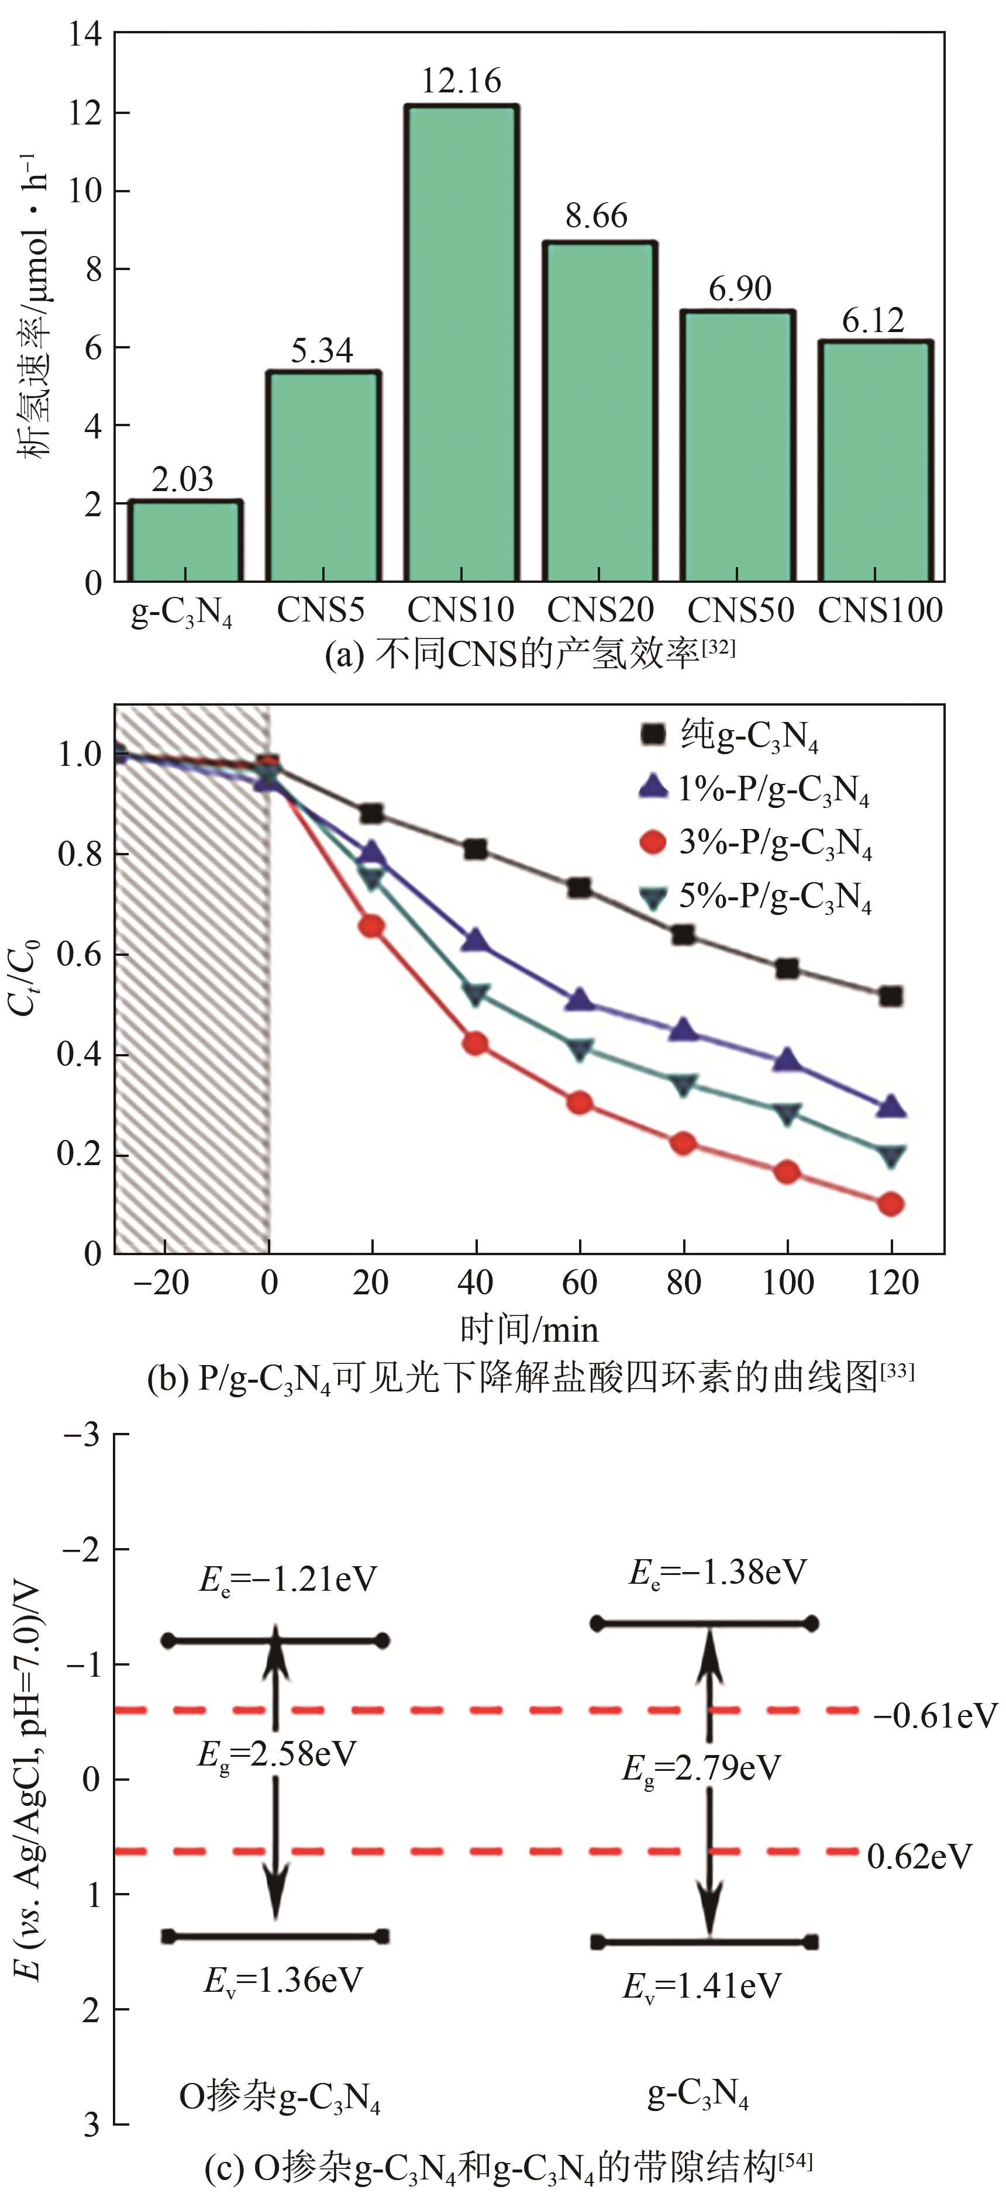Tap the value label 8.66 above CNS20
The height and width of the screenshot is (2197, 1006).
(597, 217)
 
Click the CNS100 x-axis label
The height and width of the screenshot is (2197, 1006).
(880, 610)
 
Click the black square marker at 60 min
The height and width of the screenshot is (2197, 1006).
(580, 888)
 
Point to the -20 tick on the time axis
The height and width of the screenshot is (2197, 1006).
(162, 1282)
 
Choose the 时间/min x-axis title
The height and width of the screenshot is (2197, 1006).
(529, 1329)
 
